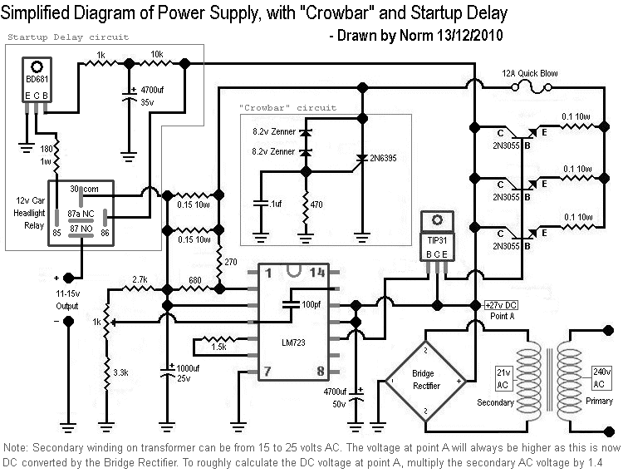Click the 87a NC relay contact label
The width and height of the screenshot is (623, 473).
[81, 214]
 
